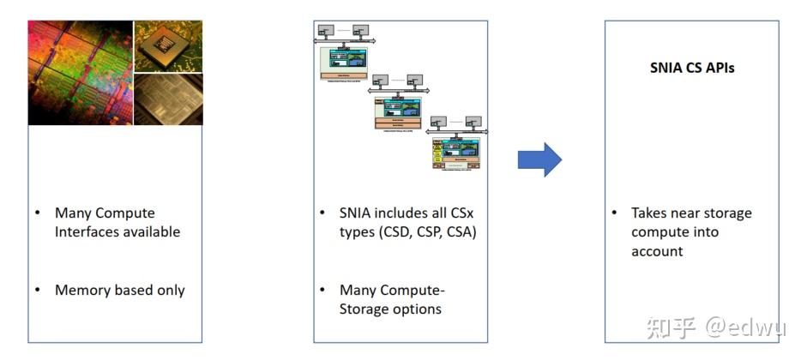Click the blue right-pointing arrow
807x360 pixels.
point(539,159)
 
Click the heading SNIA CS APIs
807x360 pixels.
point(692,68)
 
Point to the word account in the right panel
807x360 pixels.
point(657,251)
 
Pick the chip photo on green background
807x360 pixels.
point(168,45)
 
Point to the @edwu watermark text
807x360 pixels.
point(742,327)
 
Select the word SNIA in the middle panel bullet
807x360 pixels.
point(358,213)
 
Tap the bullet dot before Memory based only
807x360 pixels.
point(38,290)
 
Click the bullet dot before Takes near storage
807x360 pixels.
point(614,213)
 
